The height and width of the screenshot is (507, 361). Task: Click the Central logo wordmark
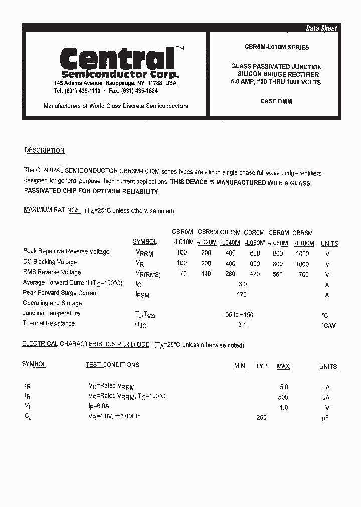click(x=117, y=59)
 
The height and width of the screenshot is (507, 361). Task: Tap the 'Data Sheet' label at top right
click(x=321, y=28)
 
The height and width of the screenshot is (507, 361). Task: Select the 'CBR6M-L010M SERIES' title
click(x=276, y=47)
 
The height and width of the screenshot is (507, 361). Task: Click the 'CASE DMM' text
click(x=276, y=101)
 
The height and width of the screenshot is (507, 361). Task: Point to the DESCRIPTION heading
click(x=44, y=150)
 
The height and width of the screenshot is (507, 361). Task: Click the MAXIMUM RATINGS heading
click(x=52, y=210)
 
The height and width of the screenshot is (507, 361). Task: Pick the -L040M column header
click(x=230, y=243)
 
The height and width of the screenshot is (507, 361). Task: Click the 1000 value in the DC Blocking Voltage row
click(x=302, y=264)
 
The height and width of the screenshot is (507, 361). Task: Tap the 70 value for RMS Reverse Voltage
click(x=183, y=274)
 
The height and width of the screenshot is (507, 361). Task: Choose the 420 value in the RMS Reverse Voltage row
click(x=255, y=274)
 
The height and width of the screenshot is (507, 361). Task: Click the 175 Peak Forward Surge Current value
click(x=242, y=294)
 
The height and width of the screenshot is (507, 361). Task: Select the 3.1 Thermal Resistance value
click(x=242, y=325)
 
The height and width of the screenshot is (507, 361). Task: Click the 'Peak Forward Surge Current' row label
click(x=60, y=293)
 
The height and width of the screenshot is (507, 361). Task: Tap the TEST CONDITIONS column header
click(x=112, y=365)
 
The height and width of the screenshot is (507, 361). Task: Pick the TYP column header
click(x=261, y=366)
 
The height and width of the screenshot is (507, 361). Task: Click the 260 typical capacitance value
click(x=261, y=417)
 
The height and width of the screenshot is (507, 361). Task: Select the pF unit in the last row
click(x=325, y=418)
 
